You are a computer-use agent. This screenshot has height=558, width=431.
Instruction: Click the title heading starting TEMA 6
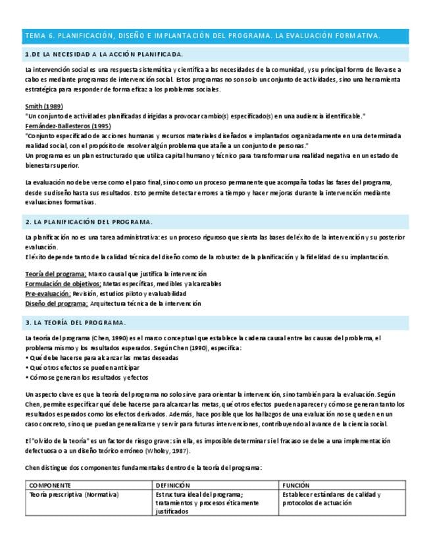(x=202, y=36)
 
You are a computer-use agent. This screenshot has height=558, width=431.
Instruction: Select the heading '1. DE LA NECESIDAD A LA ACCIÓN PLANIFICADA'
(x=103, y=54)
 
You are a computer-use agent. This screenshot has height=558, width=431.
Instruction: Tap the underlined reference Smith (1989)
(x=44, y=107)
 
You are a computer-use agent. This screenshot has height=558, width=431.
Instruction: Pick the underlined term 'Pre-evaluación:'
(x=48, y=293)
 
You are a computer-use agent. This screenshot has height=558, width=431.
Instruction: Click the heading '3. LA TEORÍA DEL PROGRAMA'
(x=76, y=322)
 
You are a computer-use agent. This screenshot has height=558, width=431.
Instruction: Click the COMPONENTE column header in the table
(x=51, y=485)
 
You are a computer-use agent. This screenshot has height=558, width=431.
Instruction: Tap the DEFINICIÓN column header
(x=173, y=485)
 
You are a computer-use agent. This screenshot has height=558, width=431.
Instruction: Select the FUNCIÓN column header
(x=296, y=485)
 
